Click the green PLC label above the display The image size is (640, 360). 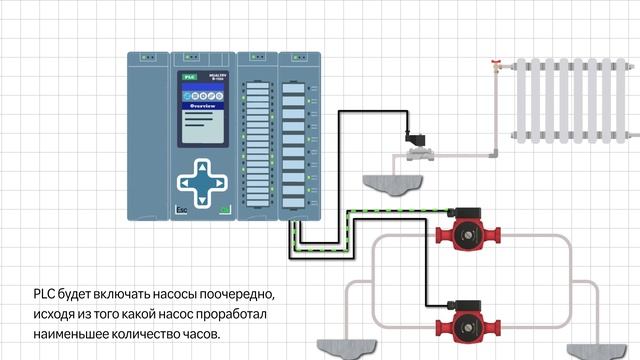(187, 76)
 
